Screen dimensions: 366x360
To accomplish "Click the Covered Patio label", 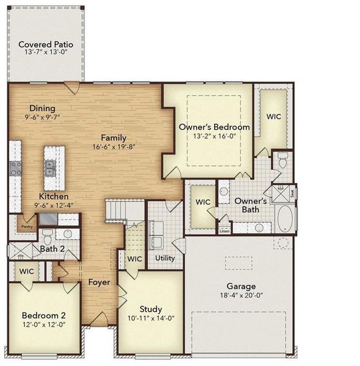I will click(x=46, y=45).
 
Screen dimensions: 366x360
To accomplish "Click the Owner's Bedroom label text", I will click(x=214, y=127).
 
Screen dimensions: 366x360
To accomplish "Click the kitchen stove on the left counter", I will click(x=15, y=168).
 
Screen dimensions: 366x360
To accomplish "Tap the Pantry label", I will click(x=26, y=226).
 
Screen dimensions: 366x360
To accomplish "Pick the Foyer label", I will click(x=99, y=282).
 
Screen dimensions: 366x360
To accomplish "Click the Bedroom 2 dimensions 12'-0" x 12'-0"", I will click(x=43, y=325).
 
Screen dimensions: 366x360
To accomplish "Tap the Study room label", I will click(x=150, y=309).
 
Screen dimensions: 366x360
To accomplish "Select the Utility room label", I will click(x=165, y=258).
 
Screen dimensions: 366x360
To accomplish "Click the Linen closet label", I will click(x=225, y=231).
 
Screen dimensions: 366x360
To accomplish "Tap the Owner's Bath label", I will click(x=250, y=205).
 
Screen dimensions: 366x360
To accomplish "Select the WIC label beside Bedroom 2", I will click(x=26, y=271).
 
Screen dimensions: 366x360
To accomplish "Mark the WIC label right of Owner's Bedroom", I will click(x=274, y=116).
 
